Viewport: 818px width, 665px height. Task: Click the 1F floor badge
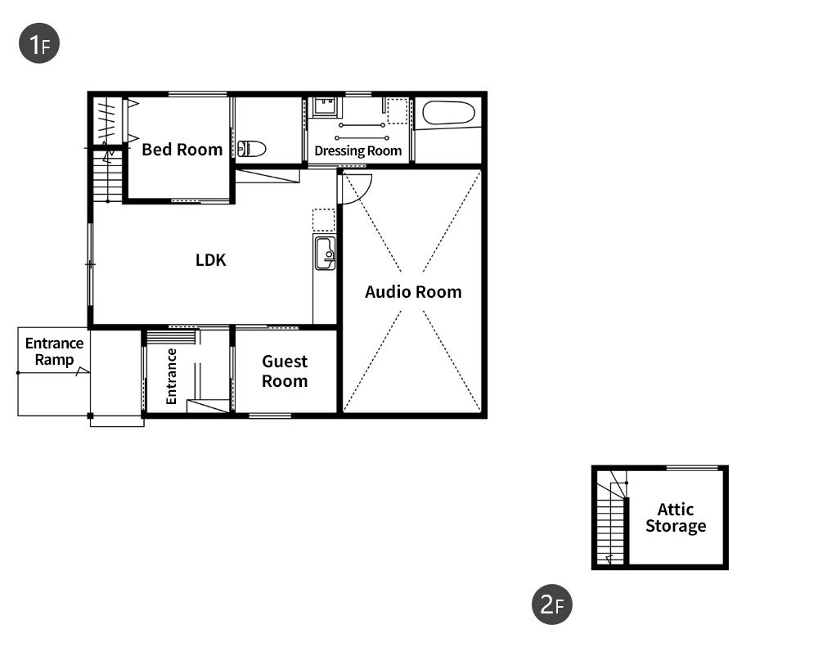pyautogui.click(x=39, y=43)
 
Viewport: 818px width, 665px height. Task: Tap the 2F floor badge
pyautogui.click(x=552, y=604)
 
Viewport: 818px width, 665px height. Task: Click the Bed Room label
pyautogui.click(x=182, y=150)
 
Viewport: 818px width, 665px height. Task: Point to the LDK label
pyautogui.click(x=211, y=260)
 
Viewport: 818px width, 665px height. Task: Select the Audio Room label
pyautogui.click(x=413, y=292)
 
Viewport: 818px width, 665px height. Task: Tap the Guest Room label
pyautogui.click(x=285, y=371)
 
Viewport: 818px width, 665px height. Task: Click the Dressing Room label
pyautogui.click(x=358, y=151)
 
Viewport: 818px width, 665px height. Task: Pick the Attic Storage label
pyautogui.click(x=676, y=518)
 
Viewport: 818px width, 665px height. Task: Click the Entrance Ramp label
pyautogui.click(x=54, y=352)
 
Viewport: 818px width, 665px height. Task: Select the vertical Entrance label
pyautogui.click(x=171, y=376)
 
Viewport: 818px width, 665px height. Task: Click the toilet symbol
pyautogui.click(x=252, y=149)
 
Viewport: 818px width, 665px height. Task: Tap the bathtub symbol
pyautogui.click(x=448, y=113)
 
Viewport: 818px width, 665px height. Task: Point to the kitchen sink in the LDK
pyautogui.click(x=325, y=253)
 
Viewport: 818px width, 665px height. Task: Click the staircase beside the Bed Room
pyautogui.click(x=107, y=175)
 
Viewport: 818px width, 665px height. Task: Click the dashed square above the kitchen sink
pyautogui.click(x=323, y=220)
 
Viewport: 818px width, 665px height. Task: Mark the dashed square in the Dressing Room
pyautogui.click(x=397, y=111)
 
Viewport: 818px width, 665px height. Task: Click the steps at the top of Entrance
pyautogui.click(x=171, y=337)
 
